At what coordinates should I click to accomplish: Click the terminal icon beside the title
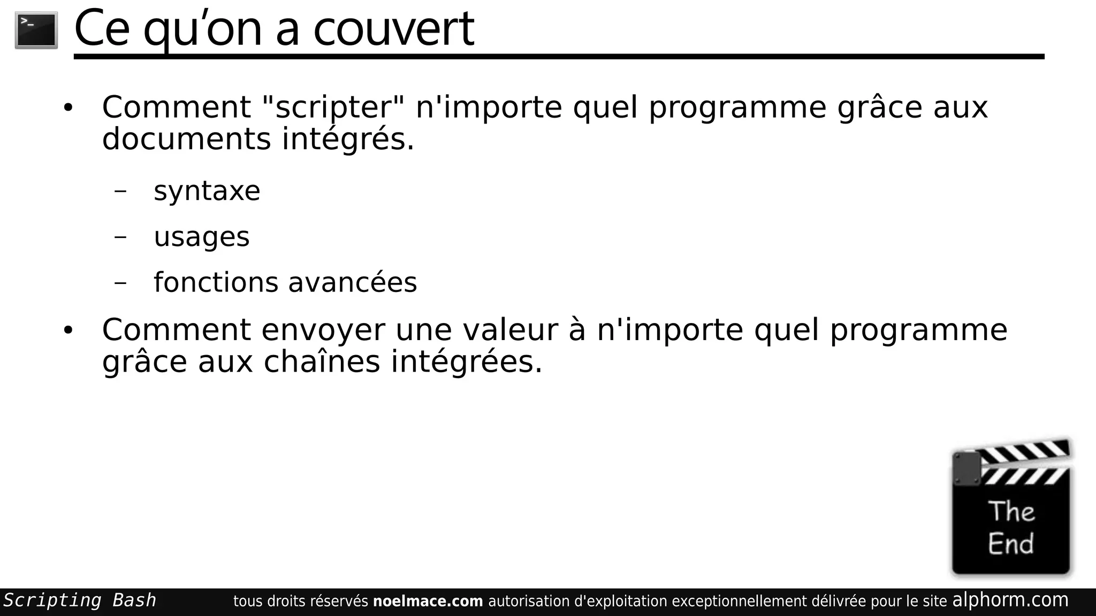[x=36, y=30]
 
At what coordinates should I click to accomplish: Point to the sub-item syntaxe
[x=207, y=191]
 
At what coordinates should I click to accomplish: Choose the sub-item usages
[x=201, y=237]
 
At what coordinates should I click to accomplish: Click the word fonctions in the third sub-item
[x=216, y=282]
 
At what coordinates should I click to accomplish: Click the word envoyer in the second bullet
[x=323, y=330]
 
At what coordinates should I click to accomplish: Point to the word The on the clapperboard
[x=1011, y=511]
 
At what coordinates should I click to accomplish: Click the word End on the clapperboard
[x=1011, y=544]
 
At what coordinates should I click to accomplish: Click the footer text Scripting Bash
[x=80, y=600]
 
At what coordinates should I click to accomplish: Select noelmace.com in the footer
[x=428, y=602]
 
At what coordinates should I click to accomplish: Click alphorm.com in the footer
[x=1010, y=600]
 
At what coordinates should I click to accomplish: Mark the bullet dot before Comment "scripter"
[x=67, y=108]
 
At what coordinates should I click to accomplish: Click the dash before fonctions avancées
[x=120, y=282]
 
